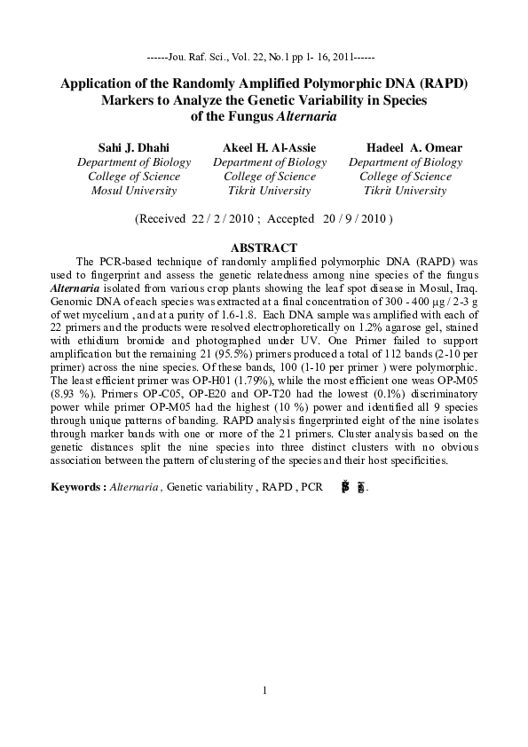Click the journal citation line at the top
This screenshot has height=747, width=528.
click(264, 55)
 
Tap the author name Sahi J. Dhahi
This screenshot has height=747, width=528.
click(133, 147)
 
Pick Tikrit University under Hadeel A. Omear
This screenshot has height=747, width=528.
click(405, 191)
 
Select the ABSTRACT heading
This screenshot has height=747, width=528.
click(264, 248)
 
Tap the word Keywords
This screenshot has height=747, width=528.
click(77, 487)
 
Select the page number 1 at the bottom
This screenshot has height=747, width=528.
click(264, 691)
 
